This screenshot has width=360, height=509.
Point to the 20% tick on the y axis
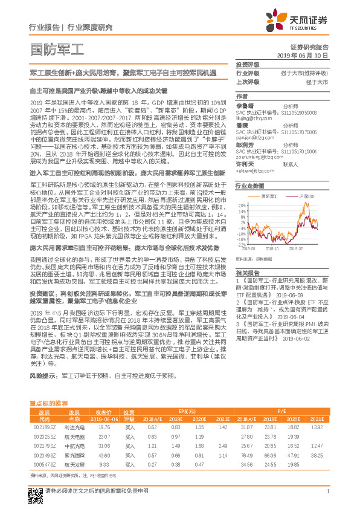242,205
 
